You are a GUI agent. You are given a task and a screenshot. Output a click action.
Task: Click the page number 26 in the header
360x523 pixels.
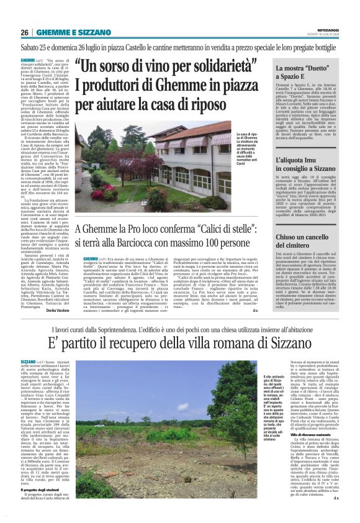[25, 32]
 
